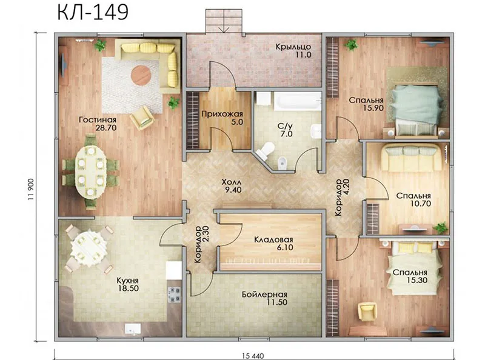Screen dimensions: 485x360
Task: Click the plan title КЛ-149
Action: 93,12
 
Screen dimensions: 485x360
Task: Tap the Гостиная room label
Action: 98,119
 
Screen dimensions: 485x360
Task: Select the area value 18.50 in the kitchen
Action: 128,288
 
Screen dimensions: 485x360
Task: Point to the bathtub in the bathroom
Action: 298,100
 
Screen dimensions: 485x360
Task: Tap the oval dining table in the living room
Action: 90,172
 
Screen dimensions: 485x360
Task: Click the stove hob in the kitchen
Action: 174,295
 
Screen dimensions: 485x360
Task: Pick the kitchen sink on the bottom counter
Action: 133,328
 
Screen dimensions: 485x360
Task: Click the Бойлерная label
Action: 264,295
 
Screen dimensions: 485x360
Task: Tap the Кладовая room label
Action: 273,239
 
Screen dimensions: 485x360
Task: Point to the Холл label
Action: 232,182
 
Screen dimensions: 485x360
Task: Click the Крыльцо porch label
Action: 293,47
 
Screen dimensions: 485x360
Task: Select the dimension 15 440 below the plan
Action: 253,356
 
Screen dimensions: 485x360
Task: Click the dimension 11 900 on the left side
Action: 31,189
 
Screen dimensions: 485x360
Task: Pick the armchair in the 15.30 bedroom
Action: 367,312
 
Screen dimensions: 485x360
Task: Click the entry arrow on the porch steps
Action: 224,28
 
